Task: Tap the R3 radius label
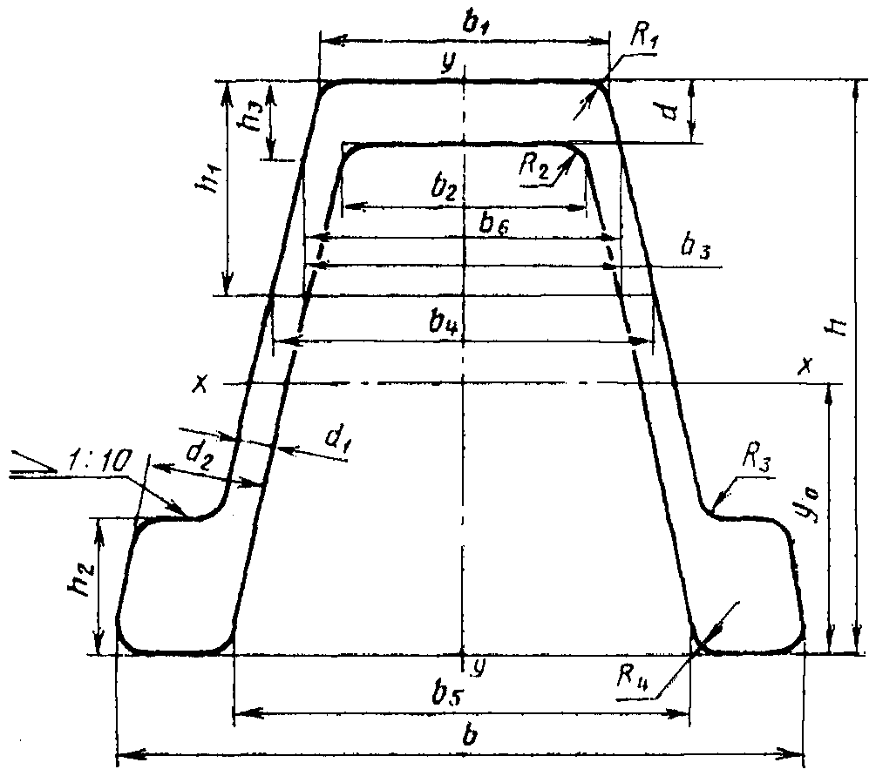[757, 460]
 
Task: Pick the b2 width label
[445, 190]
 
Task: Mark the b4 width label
[445, 323]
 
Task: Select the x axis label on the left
[200, 383]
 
